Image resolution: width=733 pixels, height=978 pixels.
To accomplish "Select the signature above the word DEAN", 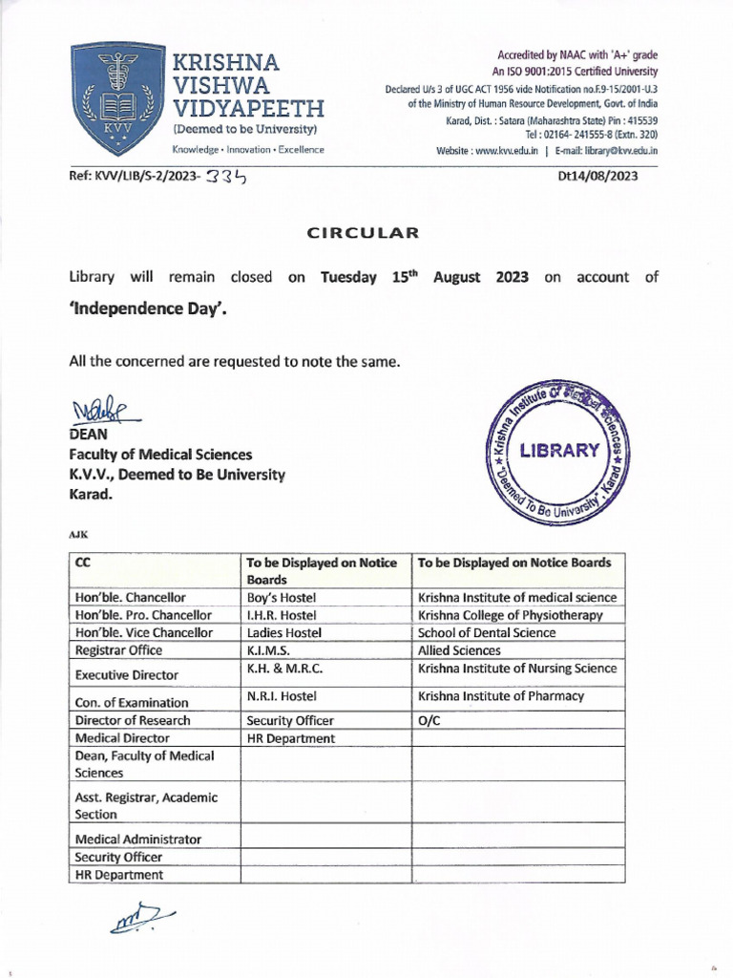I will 103,411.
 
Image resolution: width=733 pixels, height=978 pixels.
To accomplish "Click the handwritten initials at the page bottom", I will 140,918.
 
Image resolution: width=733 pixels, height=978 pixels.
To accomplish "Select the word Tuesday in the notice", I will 351,277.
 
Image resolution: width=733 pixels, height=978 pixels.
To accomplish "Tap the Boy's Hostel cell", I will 282,597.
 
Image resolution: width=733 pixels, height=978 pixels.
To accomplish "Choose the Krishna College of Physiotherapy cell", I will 511,615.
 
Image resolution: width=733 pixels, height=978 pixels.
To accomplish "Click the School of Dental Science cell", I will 486,632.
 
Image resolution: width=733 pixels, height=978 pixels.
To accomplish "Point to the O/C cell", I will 428,720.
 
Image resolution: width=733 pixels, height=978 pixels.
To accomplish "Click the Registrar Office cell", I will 118,650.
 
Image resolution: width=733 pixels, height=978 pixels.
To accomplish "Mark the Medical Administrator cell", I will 137,839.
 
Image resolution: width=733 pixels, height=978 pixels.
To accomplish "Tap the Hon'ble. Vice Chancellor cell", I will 143,632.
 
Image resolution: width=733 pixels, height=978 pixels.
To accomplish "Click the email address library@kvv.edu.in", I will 606,151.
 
